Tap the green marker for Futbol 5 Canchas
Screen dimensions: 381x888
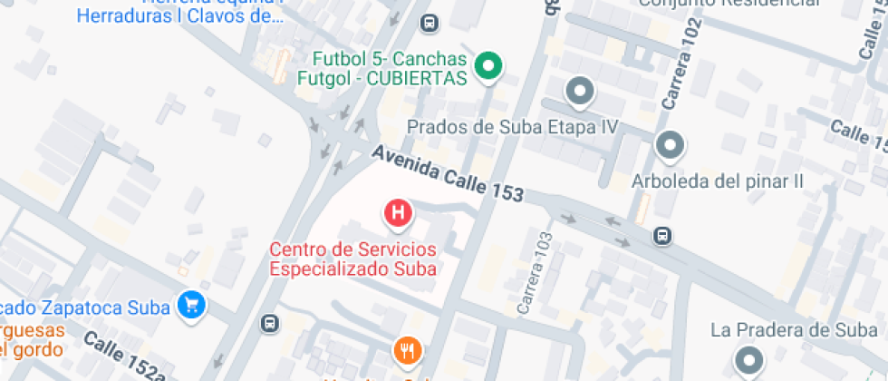[x=489, y=65]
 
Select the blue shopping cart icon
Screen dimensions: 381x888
[x=191, y=305]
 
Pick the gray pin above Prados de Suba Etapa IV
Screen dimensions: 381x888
[x=579, y=92]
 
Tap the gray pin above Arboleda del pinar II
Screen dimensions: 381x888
[x=671, y=144]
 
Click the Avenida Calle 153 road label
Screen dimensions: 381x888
[x=448, y=173]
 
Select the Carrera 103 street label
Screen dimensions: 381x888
[x=533, y=271]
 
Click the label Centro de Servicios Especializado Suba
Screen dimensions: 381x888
[x=353, y=259]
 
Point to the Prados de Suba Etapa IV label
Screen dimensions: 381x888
[x=512, y=127]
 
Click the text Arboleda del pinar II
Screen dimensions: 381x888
[x=718, y=181]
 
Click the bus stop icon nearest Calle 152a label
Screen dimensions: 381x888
[x=269, y=323]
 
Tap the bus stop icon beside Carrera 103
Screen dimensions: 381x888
[x=662, y=236]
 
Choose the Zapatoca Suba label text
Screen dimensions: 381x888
[x=100, y=307]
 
